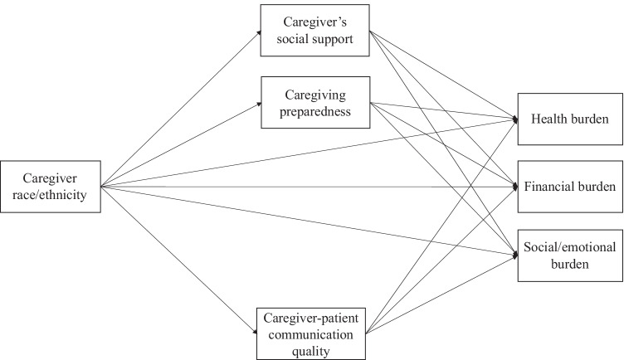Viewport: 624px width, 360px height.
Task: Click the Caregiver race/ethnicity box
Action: pyautogui.click(x=51, y=187)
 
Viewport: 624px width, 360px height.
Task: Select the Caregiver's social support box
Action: pyautogui.click(x=314, y=32)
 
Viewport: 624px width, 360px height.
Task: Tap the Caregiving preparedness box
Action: pyautogui.click(x=314, y=102)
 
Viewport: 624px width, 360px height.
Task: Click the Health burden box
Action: pyautogui.click(x=570, y=119)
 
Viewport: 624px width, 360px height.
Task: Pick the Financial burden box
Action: pyautogui.click(x=570, y=186)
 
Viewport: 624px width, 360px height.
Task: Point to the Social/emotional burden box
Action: pyautogui.click(x=570, y=254)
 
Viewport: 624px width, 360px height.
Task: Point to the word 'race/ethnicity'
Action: pyautogui.click(x=51, y=195)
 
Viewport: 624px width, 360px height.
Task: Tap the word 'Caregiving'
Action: pyautogui.click(x=314, y=95)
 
